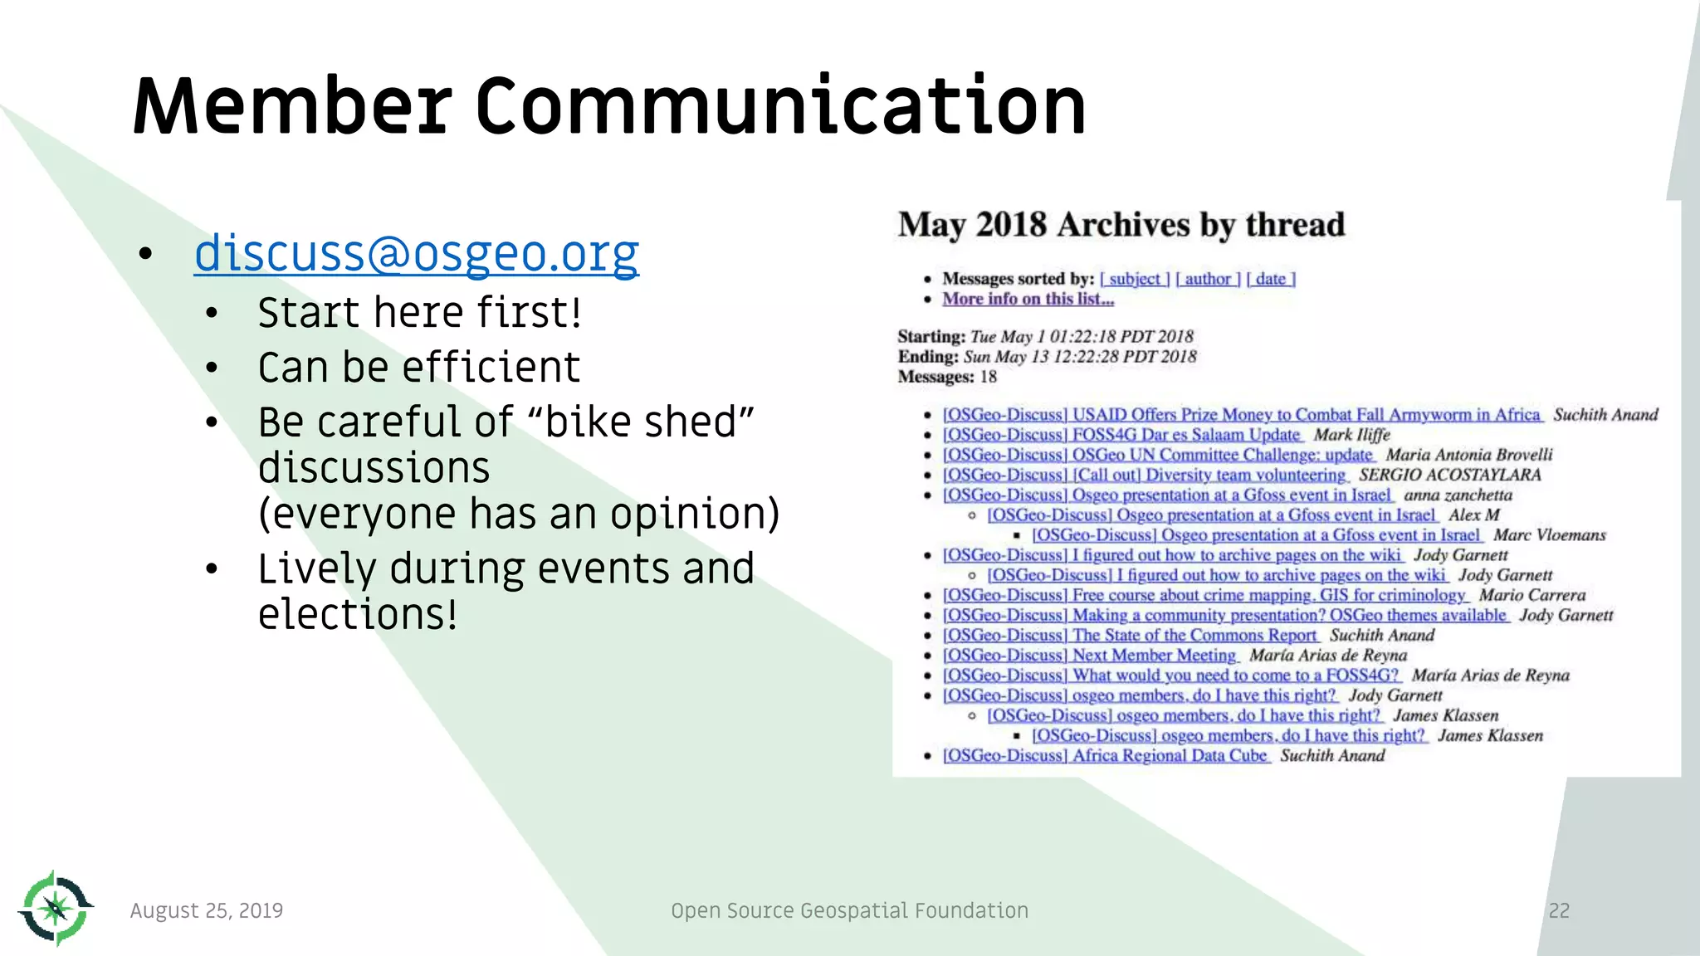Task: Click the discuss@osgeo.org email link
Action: tap(416, 253)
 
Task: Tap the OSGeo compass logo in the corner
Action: tap(55, 909)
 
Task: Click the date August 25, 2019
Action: tap(207, 910)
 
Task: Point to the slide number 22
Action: tap(1559, 910)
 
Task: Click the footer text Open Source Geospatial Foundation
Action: tap(849, 910)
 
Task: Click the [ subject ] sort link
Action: tap(1135, 279)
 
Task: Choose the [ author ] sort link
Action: tap(1208, 279)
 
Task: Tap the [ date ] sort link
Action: tap(1271, 279)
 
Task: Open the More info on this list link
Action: tap(1028, 299)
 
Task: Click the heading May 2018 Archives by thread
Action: tap(1121, 225)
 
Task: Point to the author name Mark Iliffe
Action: tap(1351, 435)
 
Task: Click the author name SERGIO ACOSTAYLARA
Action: tap(1449, 475)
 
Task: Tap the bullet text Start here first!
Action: tap(419, 313)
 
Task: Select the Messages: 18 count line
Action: tap(947, 377)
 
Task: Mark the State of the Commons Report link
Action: tap(1130, 636)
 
